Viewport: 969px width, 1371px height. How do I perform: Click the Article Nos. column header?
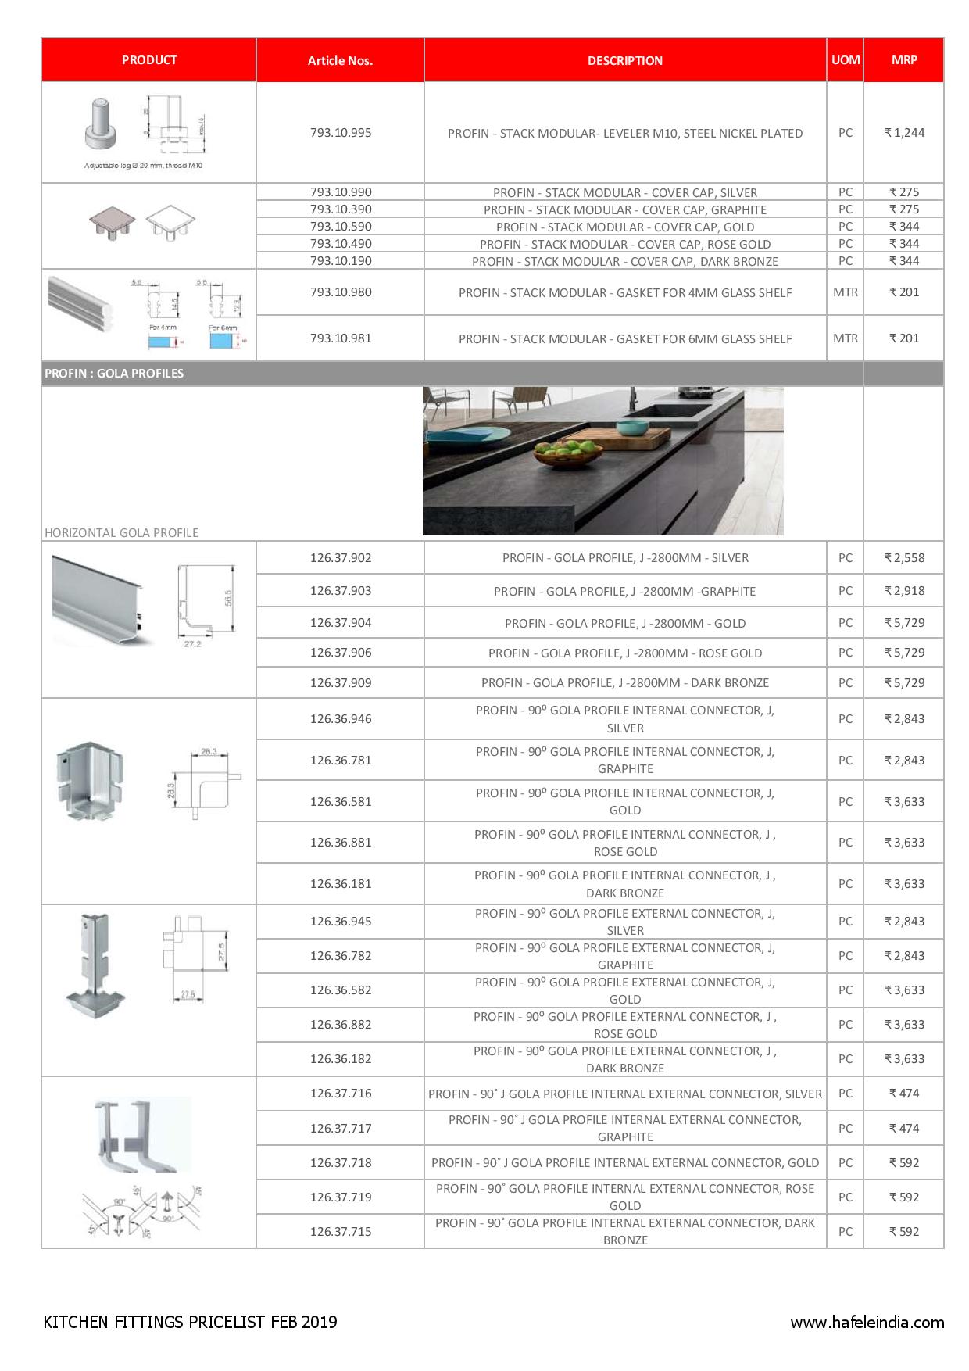tap(340, 60)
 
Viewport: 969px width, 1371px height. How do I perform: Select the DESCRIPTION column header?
tap(624, 60)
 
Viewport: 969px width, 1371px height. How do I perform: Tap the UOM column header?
tap(845, 59)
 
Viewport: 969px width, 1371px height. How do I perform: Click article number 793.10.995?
tap(341, 133)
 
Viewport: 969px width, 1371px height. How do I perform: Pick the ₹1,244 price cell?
tap(904, 133)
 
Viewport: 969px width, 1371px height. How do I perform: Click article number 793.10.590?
tap(341, 227)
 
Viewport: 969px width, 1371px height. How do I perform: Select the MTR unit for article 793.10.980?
tap(845, 292)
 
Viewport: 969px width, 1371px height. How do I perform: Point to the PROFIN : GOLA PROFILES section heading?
tap(114, 374)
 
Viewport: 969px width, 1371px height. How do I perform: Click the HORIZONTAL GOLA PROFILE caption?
tap(121, 533)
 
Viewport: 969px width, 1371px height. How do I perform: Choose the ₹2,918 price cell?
tap(904, 591)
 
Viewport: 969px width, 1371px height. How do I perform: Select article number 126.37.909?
tap(341, 683)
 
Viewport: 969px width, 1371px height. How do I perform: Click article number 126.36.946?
tap(341, 719)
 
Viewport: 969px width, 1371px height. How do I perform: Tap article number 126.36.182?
tap(341, 1059)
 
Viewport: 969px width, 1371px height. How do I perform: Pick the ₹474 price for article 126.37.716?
tap(904, 1094)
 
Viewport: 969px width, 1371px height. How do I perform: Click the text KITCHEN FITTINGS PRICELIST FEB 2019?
tap(191, 1323)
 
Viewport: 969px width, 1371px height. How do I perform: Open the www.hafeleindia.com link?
tap(867, 1323)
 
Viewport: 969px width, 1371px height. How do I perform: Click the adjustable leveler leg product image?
tap(102, 123)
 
